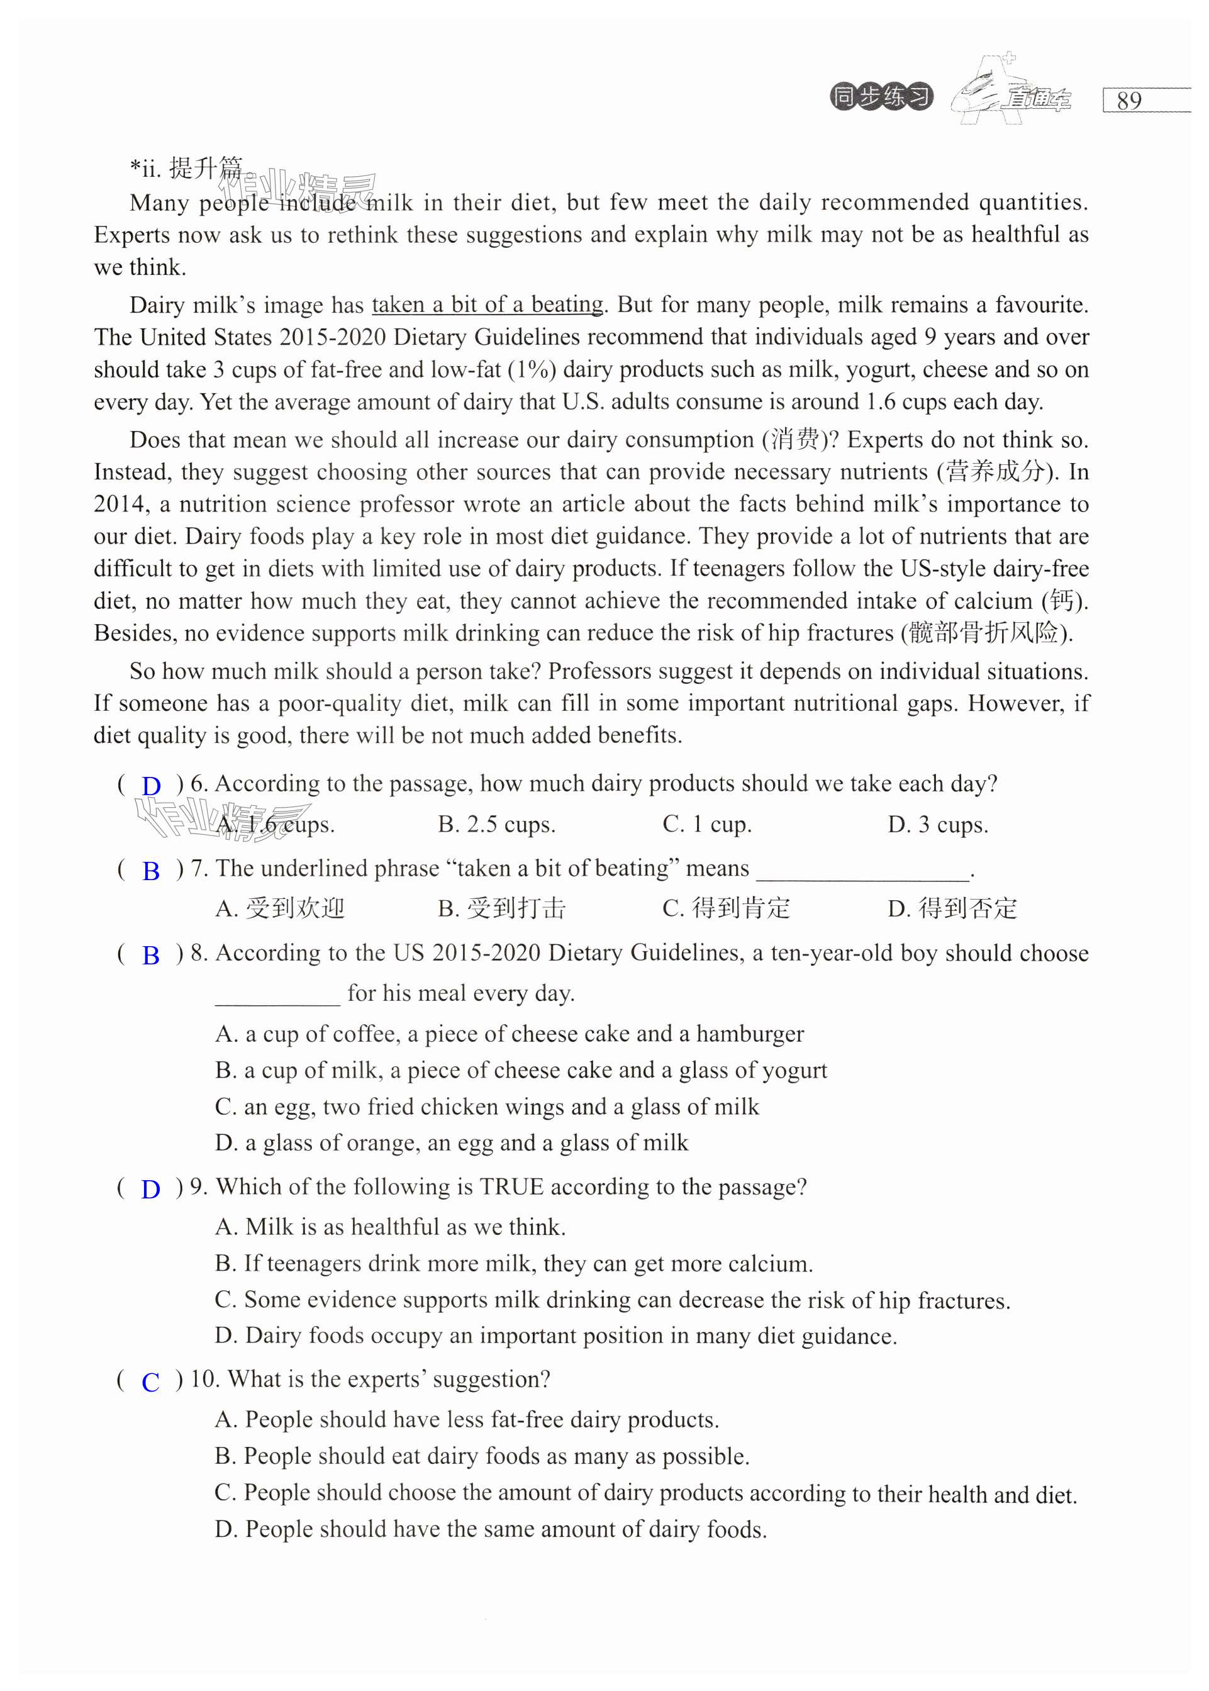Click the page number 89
pyautogui.click(x=1128, y=101)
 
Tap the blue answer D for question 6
pyautogui.click(x=151, y=786)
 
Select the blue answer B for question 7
pyautogui.click(x=151, y=871)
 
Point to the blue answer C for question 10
pyautogui.click(x=150, y=1382)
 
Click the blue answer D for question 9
pyautogui.click(x=150, y=1189)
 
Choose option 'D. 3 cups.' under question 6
pyautogui.click(x=937, y=825)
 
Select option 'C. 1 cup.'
pyautogui.click(x=706, y=825)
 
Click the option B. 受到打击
pyautogui.click(x=502, y=908)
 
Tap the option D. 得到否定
pyautogui.click(x=952, y=908)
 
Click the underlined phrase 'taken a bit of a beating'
pyautogui.click(x=487, y=304)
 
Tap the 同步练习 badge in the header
pyautogui.click(x=881, y=97)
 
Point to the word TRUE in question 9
pyautogui.click(x=511, y=1187)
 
